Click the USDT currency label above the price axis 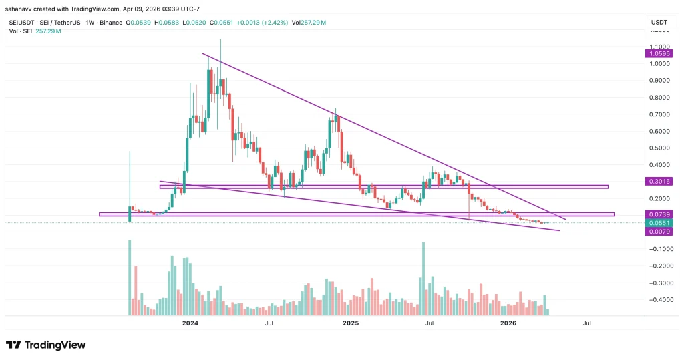659,23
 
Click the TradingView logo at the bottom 46,345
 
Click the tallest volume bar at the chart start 129,278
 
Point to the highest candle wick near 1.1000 220,41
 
